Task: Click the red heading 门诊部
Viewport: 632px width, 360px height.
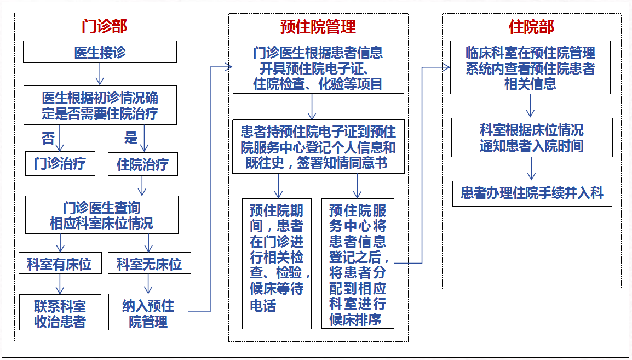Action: pos(104,27)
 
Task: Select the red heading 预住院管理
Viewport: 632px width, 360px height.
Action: pos(318,27)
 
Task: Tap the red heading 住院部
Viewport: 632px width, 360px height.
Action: pos(531,27)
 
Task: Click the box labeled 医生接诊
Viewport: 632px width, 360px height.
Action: pos(100,52)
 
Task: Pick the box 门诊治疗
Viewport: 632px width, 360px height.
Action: pos(60,164)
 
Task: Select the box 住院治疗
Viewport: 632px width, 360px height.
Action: pos(143,164)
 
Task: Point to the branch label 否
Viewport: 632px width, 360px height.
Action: pos(48,138)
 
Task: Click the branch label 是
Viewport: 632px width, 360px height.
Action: pos(130,137)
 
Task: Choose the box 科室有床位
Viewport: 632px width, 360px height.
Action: pos(60,263)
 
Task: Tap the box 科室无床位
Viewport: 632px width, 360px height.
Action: pos(149,263)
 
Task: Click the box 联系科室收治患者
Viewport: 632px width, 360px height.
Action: pos(60,312)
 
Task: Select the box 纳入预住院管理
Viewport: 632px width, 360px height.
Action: pos(148,312)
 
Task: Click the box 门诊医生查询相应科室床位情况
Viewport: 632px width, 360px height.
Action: pos(101,215)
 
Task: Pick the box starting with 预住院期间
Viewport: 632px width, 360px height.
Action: pos(277,264)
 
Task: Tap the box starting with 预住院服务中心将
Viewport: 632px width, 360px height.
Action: pos(358,263)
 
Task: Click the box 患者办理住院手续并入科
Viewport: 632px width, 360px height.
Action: pos(532,194)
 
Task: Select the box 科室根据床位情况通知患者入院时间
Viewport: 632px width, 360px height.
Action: pos(532,138)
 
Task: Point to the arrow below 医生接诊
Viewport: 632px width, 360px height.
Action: pos(100,74)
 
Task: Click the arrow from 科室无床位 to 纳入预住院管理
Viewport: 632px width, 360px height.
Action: pos(148,284)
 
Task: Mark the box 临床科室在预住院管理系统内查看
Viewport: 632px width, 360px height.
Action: pos(530,67)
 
